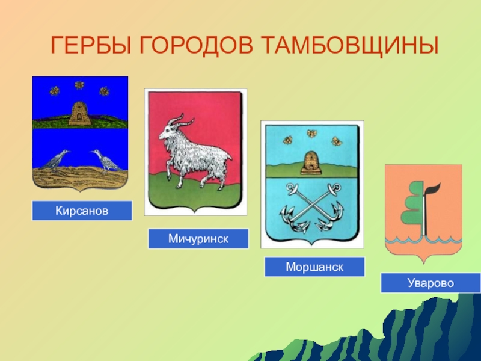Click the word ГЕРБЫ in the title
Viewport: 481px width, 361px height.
pos(91,45)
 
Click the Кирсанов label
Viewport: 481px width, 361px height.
pos(82,211)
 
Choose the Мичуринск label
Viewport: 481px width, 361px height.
pos(198,238)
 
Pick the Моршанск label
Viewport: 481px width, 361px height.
pos(314,267)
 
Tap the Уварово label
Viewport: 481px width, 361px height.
pos(430,283)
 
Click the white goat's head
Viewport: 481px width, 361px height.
pos(168,131)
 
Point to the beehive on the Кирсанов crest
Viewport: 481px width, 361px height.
pos(79,113)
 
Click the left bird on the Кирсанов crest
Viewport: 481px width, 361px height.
pos(56,160)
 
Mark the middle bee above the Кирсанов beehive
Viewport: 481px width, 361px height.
pos(79,85)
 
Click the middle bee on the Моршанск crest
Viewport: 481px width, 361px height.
pos(311,133)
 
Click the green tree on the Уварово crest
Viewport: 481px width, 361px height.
pos(412,203)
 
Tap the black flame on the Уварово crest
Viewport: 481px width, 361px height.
pos(433,190)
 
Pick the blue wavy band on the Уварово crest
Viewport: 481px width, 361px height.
pos(424,239)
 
